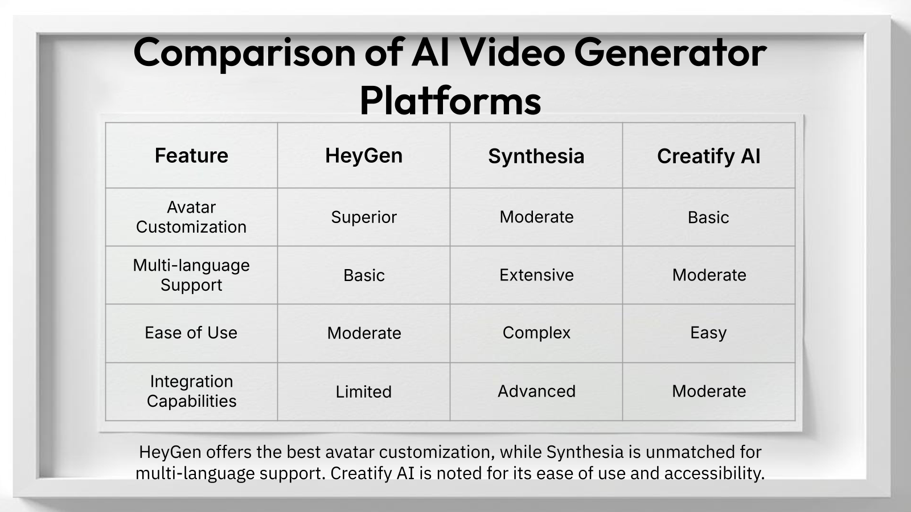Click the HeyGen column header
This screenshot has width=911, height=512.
363,155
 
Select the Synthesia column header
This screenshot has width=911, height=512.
536,156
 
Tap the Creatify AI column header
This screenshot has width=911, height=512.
708,156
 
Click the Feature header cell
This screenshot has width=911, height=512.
191,155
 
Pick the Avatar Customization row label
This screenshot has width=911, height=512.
191,217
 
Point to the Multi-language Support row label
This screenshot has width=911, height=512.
191,275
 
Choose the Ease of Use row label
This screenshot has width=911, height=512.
191,333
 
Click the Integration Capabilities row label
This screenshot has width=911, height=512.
191,391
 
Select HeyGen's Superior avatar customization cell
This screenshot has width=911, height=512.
363,217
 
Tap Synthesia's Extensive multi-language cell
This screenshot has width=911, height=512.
536,275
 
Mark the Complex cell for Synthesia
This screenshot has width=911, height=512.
536,332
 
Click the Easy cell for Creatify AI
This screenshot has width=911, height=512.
708,332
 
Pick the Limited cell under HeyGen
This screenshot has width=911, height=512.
363,391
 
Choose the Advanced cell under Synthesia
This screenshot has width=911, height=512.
536,391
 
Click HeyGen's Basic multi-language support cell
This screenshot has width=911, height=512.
364,275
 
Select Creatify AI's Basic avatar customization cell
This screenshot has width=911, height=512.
708,217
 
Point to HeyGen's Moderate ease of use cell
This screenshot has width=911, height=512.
364,333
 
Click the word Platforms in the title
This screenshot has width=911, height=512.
450,101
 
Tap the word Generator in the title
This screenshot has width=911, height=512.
670,52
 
